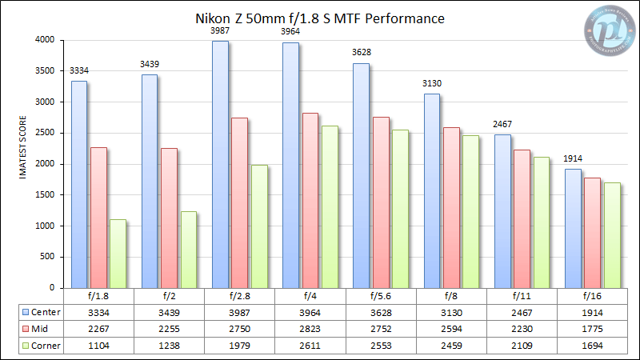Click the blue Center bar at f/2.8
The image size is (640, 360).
(x=220, y=164)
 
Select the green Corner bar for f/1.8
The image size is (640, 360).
(x=118, y=254)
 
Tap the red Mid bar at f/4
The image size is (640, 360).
(x=310, y=200)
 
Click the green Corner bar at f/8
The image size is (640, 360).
(x=470, y=211)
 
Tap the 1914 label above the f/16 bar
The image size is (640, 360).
(x=573, y=160)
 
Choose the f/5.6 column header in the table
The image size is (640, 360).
(x=381, y=296)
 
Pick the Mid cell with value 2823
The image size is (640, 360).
(x=310, y=328)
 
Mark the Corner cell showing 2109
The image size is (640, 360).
(x=522, y=345)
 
